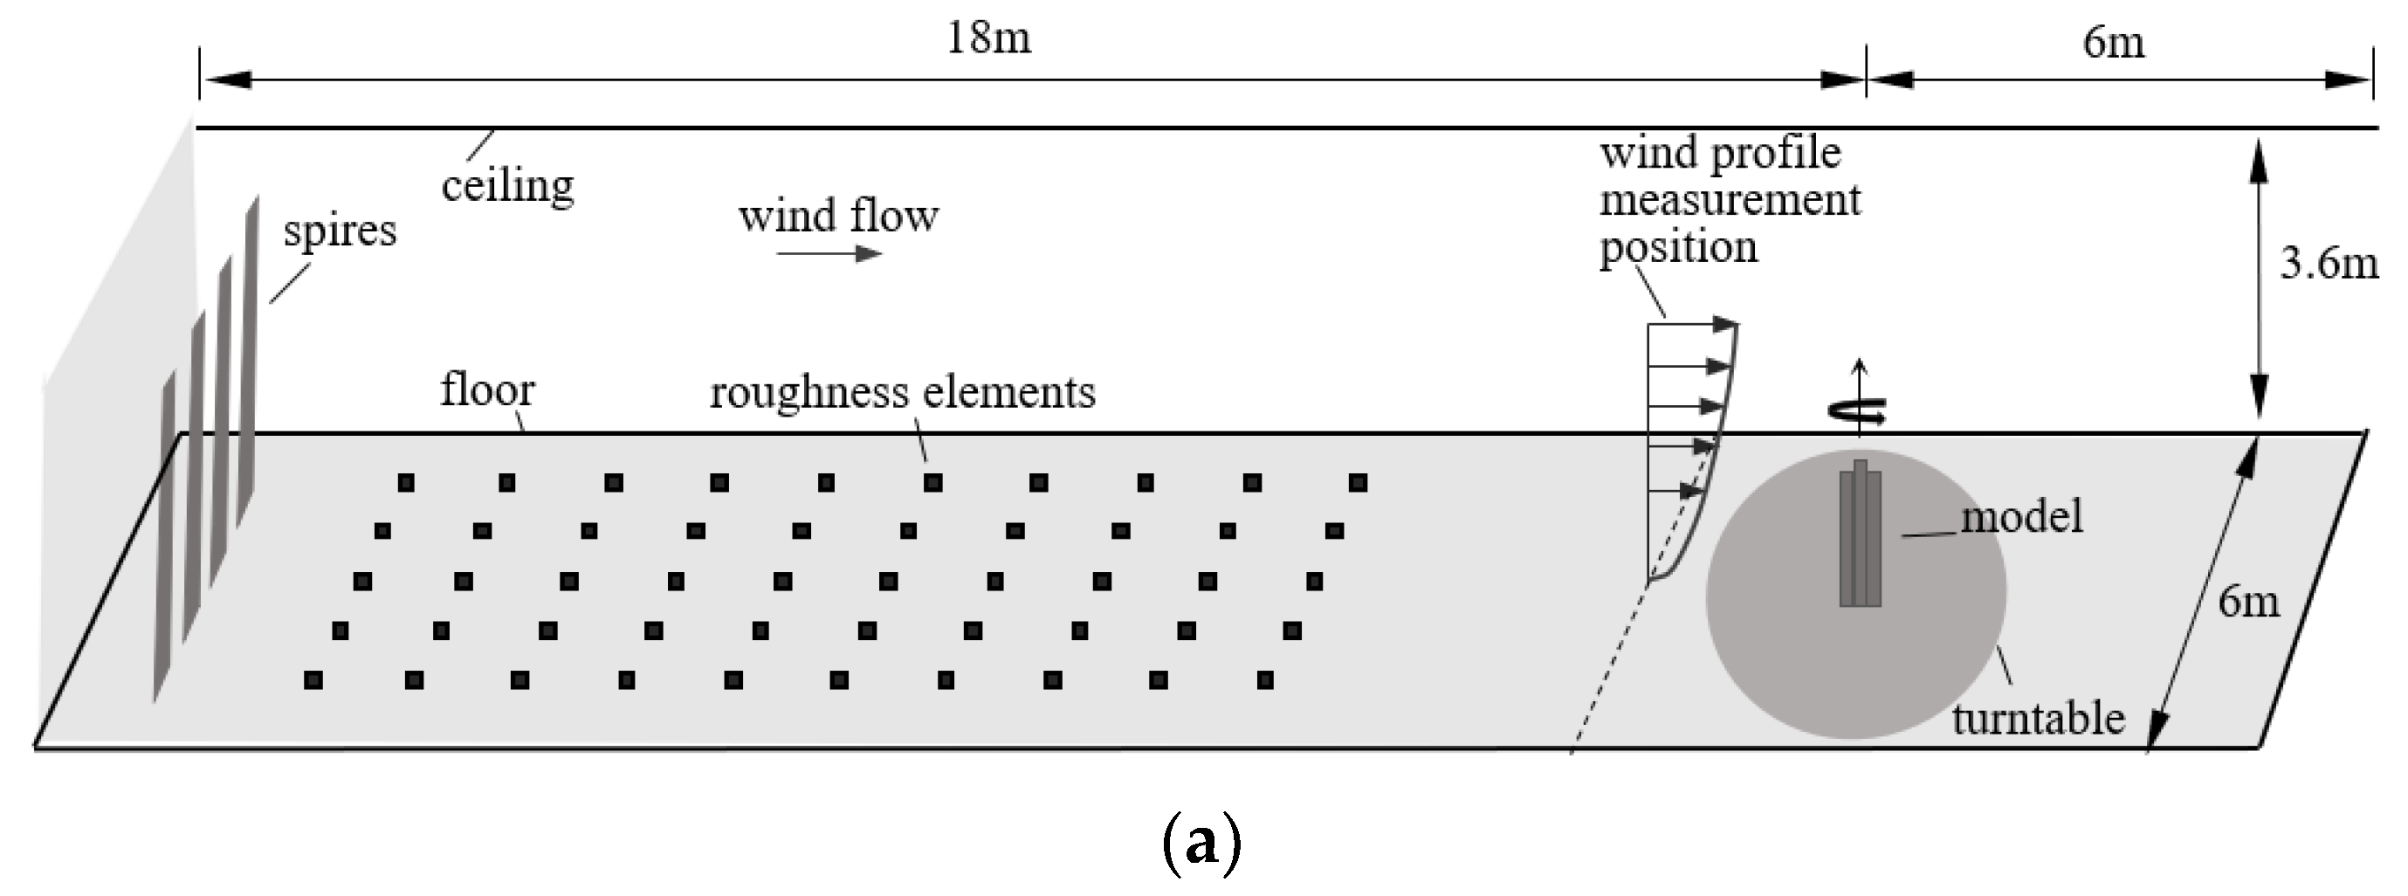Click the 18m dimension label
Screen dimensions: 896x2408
[x=988, y=38]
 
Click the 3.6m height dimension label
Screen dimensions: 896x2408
[x=2328, y=263]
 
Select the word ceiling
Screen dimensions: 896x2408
[x=507, y=185]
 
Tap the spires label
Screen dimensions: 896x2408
[x=340, y=230]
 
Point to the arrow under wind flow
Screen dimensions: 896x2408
[x=829, y=253]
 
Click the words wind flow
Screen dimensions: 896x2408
[x=837, y=216]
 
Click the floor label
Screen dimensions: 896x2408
[x=487, y=389]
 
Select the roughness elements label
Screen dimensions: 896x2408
[x=902, y=392]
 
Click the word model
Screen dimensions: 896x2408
[x=2021, y=516]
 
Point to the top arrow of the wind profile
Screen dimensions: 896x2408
[x=1692, y=325]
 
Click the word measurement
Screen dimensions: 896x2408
[x=1730, y=200]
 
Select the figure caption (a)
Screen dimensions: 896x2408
[x=1201, y=842]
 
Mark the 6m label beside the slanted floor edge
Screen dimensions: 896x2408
[x=2248, y=602]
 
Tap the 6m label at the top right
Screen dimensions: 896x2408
[x=2114, y=42]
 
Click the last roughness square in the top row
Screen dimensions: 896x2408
[x=1359, y=483]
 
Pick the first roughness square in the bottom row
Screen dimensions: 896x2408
[x=313, y=680]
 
